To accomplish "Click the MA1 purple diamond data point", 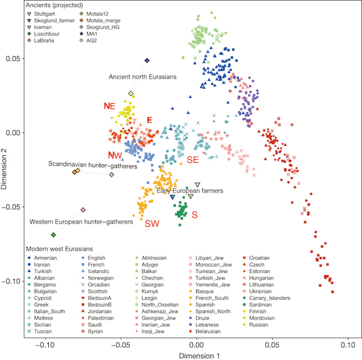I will pos(147,60).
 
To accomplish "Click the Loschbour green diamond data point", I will pos(54,235).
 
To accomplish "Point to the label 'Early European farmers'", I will pos(189,191).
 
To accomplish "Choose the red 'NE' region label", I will pos(109,106).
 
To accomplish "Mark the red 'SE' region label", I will pos(192,160).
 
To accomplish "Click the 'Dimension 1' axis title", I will pos(196,355).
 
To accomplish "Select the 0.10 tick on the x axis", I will pos(346,345).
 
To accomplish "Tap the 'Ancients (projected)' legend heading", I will pos(48,5).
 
